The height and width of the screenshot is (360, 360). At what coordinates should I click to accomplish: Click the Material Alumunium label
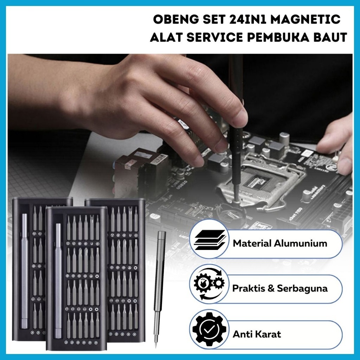280,243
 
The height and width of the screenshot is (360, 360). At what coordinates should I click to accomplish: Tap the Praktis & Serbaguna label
280,289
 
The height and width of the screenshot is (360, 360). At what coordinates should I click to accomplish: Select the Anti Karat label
257,334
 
